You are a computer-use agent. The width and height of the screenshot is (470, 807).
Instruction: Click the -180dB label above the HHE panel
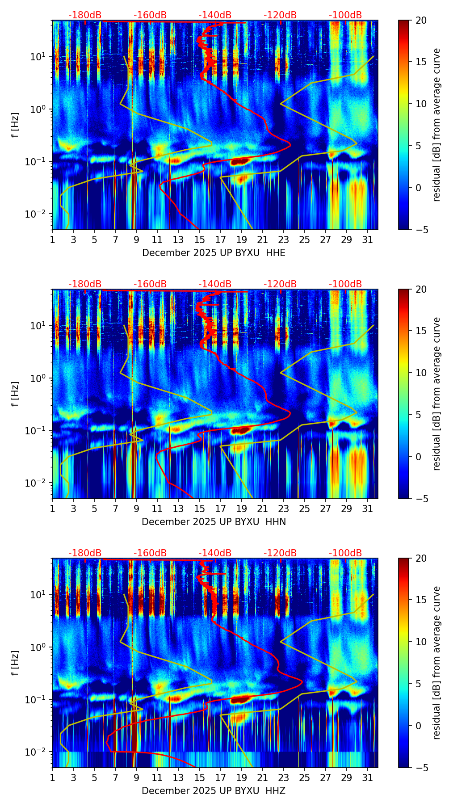pyautogui.click(x=85, y=15)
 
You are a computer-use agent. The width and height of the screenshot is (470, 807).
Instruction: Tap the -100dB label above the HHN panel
pyautogui.click(x=345, y=284)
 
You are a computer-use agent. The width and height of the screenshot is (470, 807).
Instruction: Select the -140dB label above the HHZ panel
pyautogui.click(x=215, y=553)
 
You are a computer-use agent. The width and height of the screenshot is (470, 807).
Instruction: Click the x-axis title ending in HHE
pyautogui.click(x=214, y=253)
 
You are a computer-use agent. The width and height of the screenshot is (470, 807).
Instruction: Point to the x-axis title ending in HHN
pyautogui.click(x=214, y=522)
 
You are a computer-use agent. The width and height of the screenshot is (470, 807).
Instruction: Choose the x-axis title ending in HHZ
pyautogui.click(x=214, y=791)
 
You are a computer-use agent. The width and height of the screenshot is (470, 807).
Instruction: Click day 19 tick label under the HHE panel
pyautogui.click(x=241, y=240)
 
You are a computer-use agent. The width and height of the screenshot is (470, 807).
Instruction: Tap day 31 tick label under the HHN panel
pyautogui.click(x=368, y=509)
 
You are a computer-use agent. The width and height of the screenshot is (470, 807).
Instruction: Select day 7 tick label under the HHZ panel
pyautogui.click(x=115, y=778)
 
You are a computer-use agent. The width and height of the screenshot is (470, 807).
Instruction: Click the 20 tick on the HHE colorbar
pyautogui.click(x=421, y=21)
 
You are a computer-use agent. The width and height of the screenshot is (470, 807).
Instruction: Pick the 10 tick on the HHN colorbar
pyautogui.click(x=421, y=373)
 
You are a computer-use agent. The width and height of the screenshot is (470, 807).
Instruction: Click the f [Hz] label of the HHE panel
pyautogui.click(x=15, y=125)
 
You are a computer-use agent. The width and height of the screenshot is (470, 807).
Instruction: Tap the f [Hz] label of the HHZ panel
pyautogui.click(x=15, y=663)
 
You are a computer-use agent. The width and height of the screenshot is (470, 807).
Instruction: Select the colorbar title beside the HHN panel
pyautogui.click(x=436, y=394)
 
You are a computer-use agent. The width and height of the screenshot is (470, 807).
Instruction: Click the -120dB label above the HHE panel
pyautogui.click(x=280, y=15)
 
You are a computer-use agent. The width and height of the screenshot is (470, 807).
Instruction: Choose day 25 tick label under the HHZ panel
pyautogui.click(x=305, y=778)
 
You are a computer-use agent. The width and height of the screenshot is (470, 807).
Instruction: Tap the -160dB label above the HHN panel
pyautogui.click(x=150, y=284)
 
